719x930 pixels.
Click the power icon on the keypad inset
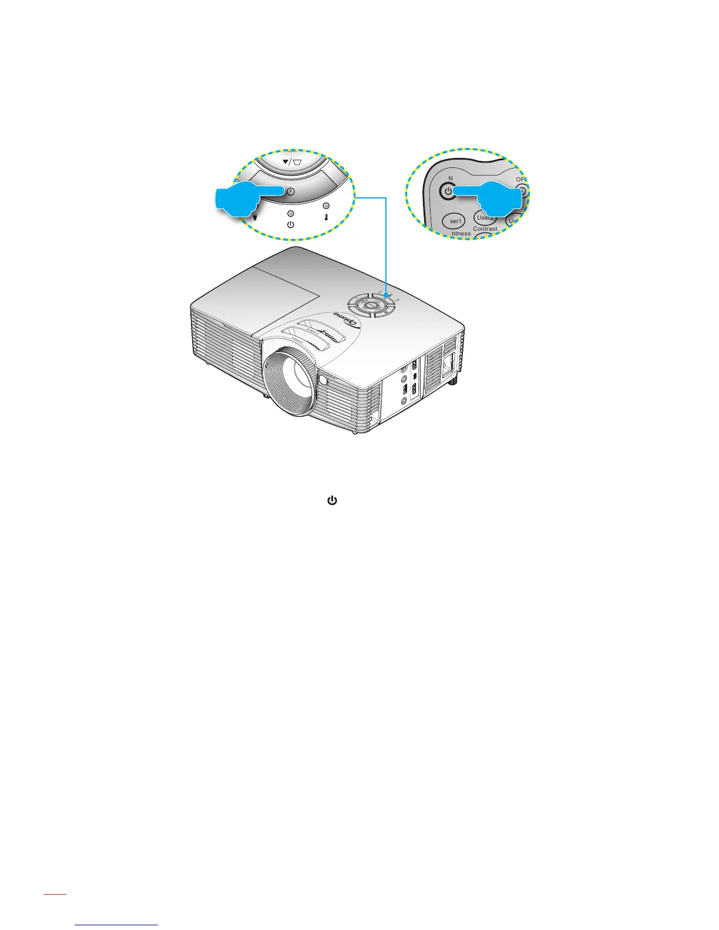[x=290, y=191]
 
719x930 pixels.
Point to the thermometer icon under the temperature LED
[x=326, y=217]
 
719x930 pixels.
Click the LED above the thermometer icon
[x=326, y=206]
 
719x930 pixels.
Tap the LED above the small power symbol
[x=290, y=214]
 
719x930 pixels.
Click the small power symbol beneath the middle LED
[x=290, y=225]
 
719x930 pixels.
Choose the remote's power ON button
[x=448, y=191]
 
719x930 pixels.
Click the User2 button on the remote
[x=485, y=218]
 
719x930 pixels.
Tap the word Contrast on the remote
[x=485, y=229]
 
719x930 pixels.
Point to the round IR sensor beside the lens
[x=323, y=379]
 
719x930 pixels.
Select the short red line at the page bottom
[x=55, y=911]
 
